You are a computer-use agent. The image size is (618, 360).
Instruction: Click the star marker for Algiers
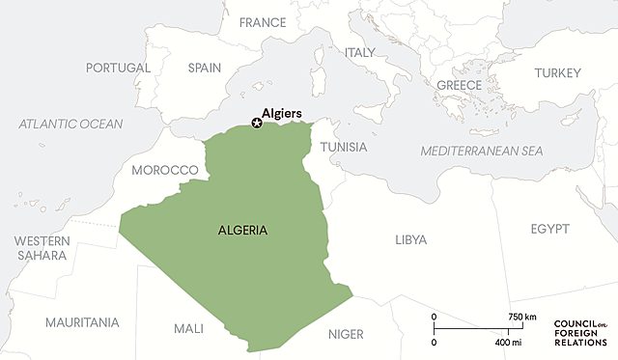(256, 123)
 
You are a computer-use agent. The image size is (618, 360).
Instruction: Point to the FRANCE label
(263, 22)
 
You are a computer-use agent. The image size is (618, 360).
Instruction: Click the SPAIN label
(205, 69)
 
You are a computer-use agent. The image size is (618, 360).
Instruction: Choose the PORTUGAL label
(118, 69)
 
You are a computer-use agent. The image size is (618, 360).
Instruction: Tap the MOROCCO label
(164, 170)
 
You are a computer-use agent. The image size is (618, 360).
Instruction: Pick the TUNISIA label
(344, 147)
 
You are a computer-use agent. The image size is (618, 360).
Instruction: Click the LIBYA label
(410, 239)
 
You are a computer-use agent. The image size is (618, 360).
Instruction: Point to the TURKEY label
(558, 73)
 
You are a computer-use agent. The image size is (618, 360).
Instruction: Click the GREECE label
(460, 85)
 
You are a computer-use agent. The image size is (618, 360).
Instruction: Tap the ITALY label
(360, 52)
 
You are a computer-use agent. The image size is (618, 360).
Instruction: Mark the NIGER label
(346, 334)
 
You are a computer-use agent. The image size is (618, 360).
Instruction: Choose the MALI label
(188, 328)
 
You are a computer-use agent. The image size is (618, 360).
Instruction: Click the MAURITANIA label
(82, 321)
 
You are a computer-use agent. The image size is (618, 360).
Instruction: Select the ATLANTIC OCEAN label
(71, 124)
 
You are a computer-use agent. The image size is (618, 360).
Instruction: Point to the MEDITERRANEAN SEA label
(482, 152)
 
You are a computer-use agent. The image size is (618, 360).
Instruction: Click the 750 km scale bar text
(522, 317)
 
